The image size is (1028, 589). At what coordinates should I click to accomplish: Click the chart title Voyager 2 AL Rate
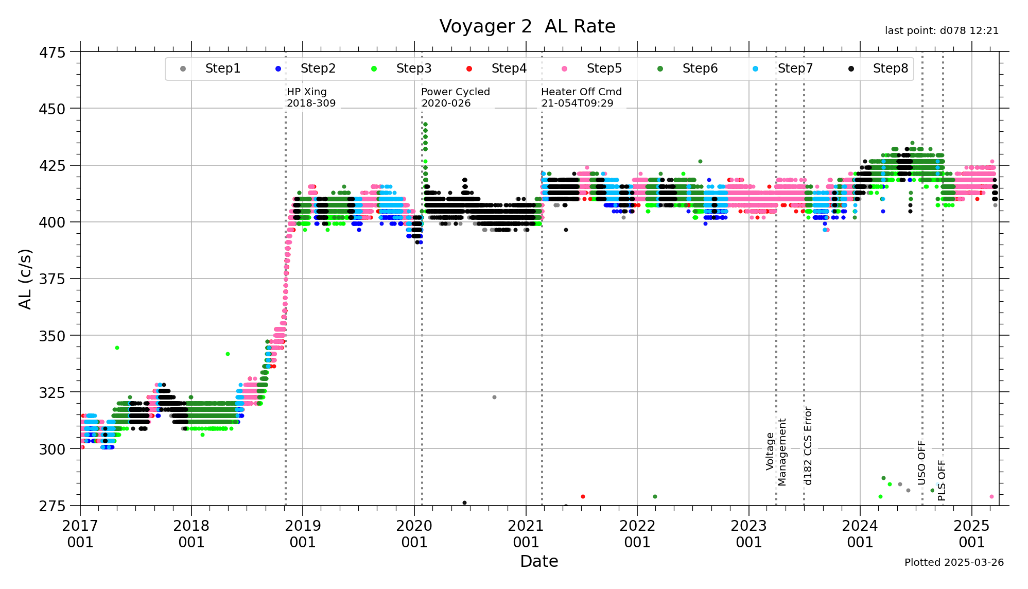click(x=527, y=26)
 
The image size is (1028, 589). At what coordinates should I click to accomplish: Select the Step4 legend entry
click(x=509, y=68)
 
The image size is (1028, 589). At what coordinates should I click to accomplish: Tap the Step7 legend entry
click(x=795, y=68)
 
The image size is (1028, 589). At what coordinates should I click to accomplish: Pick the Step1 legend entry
click(x=222, y=68)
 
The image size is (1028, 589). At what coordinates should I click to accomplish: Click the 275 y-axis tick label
click(x=52, y=506)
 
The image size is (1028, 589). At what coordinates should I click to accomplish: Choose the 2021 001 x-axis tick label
click(x=526, y=534)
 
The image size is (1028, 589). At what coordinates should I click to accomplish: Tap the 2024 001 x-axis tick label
click(x=860, y=534)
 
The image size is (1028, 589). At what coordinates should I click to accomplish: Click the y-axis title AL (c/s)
click(x=25, y=279)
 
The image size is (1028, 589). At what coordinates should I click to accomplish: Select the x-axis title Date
click(x=539, y=561)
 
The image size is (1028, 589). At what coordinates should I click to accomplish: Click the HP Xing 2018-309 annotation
click(x=311, y=97)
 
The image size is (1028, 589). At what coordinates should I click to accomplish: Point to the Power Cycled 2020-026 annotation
click(x=455, y=97)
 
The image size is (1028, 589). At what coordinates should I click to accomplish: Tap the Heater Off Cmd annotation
click(x=581, y=97)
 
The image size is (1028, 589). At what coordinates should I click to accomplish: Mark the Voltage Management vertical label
click(x=776, y=452)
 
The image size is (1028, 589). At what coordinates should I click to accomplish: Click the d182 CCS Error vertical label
click(x=808, y=446)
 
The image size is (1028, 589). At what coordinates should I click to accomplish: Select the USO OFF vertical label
click(x=921, y=462)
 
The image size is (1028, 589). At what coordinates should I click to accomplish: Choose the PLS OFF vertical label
click(x=942, y=480)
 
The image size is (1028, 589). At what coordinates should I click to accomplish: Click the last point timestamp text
click(x=942, y=31)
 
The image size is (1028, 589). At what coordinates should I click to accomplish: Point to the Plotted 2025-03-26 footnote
click(x=954, y=562)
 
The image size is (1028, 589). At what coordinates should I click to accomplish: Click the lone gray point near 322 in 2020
click(x=494, y=397)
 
